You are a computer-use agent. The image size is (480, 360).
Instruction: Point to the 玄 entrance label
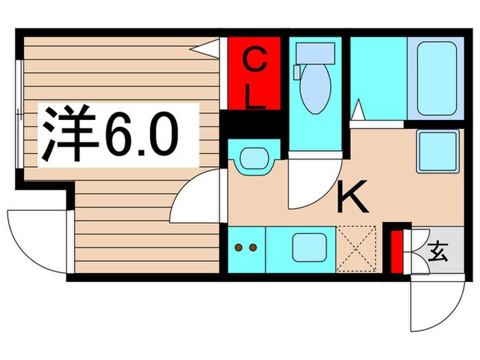[437, 253]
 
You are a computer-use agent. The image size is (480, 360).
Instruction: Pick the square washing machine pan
[437, 152]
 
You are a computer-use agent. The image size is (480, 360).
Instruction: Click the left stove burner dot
[239, 247]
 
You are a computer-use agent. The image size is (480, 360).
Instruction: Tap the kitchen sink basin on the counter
[309, 247]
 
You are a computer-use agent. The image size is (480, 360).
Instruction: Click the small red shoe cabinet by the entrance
[396, 252]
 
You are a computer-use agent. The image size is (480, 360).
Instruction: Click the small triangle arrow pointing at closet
[206, 48]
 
